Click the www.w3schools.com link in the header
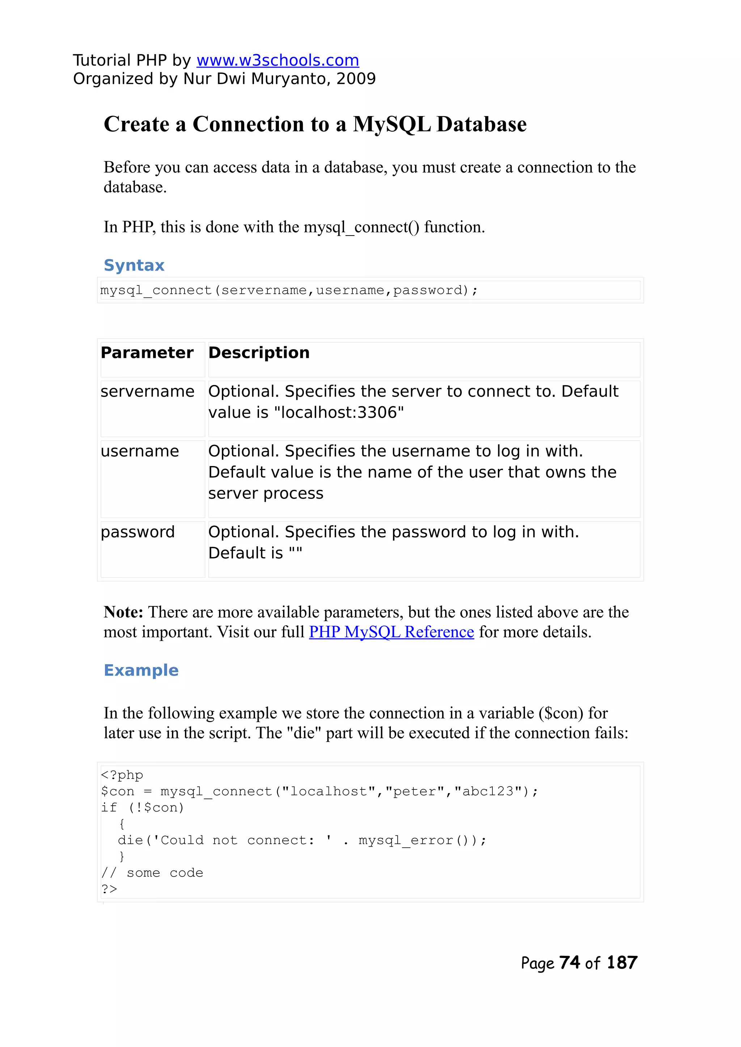pyautogui.click(x=278, y=60)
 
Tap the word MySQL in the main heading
pyautogui.click(x=391, y=124)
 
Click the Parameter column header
pyautogui.click(x=147, y=353)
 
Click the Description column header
pyautogui.click(x=259, y=353)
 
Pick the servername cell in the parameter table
pyautogui.click(x=147, y=391)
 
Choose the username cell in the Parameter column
pyautogui.click(x=140, y=451)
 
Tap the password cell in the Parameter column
pyautogui.click(x=137, y=532)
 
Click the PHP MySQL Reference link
pyautogui.click(x=391, y=632)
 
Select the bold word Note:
pyautogui.click(x=123, y=612)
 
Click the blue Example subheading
pyautogui.click(x=141, y=670)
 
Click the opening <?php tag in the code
pyautogui.click(x=122, y=775)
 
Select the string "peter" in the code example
pyautogui.click(x=415, y=792)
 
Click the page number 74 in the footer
pyautogui.click(x=569, y=963)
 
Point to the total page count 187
pyautogui.click(x=622, y=963)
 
